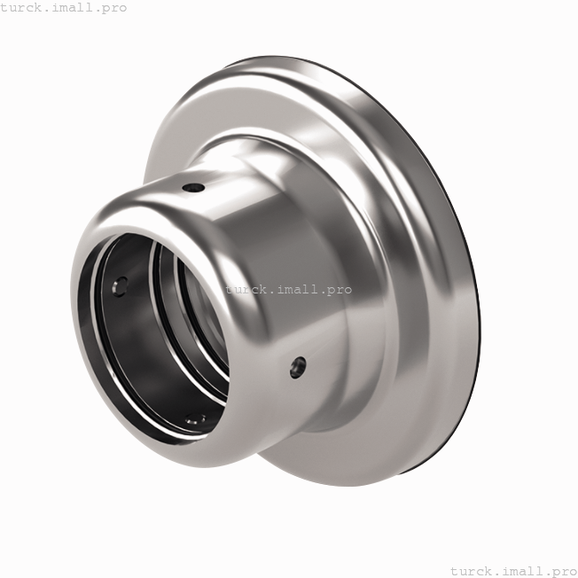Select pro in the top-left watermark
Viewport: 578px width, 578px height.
click(113, 8)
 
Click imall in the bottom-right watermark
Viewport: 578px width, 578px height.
click(522, 570)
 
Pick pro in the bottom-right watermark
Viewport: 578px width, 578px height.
click(563, 570)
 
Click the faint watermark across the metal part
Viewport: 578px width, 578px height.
click(288, 289)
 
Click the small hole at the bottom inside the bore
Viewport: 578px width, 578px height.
click(197, 417)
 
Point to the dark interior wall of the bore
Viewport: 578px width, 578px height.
click(133, 355)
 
